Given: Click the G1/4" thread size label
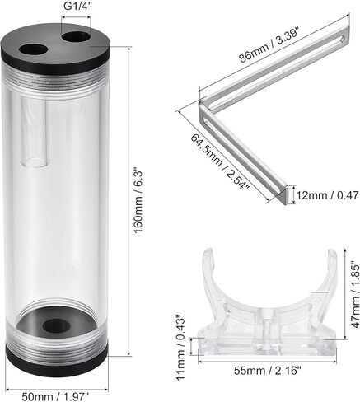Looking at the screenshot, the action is click(77, 7).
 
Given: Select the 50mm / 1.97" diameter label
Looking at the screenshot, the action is click(56, 396).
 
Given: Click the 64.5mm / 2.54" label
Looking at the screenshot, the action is click(220, 161).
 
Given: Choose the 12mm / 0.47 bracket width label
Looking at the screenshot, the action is click(328, 195).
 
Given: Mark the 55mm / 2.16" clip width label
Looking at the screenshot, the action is click(268, 371).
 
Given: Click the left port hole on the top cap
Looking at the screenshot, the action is click(34, 49).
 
